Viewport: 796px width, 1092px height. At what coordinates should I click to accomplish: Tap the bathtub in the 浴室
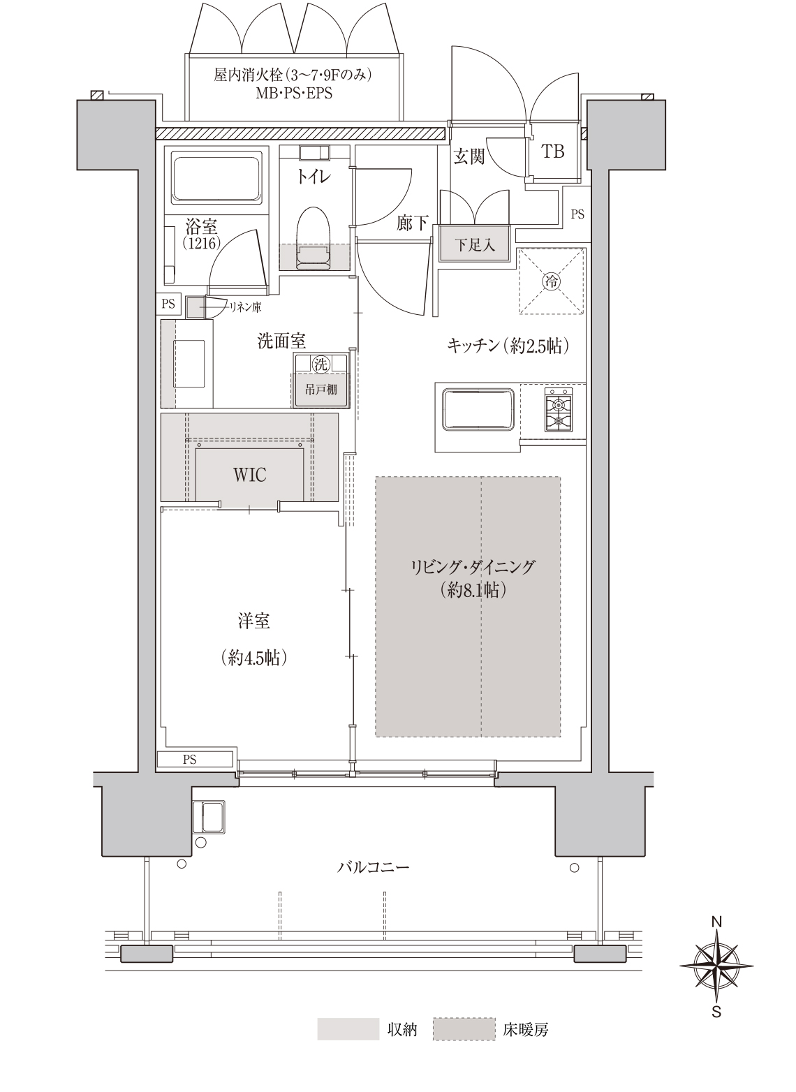click(216, 178)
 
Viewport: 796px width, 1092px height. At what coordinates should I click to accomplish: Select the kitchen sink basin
click(478, 408)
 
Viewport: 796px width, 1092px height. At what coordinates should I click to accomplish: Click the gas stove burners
click(558, 409)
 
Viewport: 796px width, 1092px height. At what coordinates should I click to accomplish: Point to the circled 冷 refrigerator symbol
click(552, 281)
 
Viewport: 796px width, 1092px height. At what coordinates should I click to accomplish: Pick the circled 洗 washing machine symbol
click(320, 364)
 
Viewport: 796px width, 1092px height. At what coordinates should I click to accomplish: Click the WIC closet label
click(249, 474)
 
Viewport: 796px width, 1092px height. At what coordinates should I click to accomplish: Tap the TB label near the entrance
click(553, 152)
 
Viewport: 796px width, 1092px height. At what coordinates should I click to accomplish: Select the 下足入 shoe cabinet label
click(475, 245)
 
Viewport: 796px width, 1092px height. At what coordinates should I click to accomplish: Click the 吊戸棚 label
click(320, 390)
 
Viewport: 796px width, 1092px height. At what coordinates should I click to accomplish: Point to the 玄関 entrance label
click(469, 156)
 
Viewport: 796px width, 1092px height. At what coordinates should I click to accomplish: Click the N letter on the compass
click(716, 922)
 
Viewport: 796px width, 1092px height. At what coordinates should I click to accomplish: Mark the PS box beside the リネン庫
click(168, 304)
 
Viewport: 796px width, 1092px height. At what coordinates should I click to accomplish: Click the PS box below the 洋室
click(195, 760)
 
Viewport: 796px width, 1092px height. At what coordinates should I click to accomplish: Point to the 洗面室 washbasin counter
click(187, 364)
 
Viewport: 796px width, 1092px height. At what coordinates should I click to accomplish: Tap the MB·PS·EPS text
click(295, 93)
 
